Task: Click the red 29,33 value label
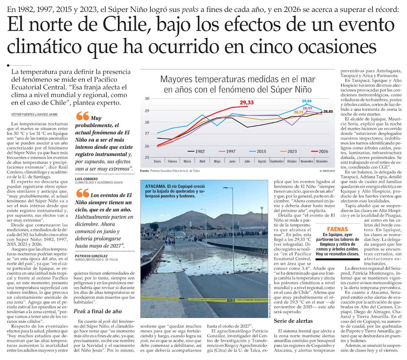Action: [x=246, y=102]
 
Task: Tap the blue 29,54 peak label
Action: [x=307, y=101]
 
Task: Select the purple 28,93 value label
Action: [x=307, y=108]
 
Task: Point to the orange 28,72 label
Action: [x=299, y=112]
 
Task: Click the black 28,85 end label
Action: [x=328, y=112]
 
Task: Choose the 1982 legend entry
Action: [x=196, y=151]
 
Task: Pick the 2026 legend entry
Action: [x=320, y=151]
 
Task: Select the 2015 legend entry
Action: [x=258, y=151]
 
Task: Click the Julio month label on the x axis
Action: [x=247, y=161]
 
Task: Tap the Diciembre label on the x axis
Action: [x=322, y=161]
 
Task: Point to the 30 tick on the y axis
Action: [x=147, y=99]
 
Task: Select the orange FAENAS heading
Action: [x=337, y=229]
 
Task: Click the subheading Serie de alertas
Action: [x=293, y=321]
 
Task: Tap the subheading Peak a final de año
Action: [x=98, y=311]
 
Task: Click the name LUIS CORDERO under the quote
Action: [x=87, y=179]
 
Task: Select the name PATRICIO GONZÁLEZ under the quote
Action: [x=91, y=256]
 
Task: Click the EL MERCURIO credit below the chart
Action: [x=327, y=171]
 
